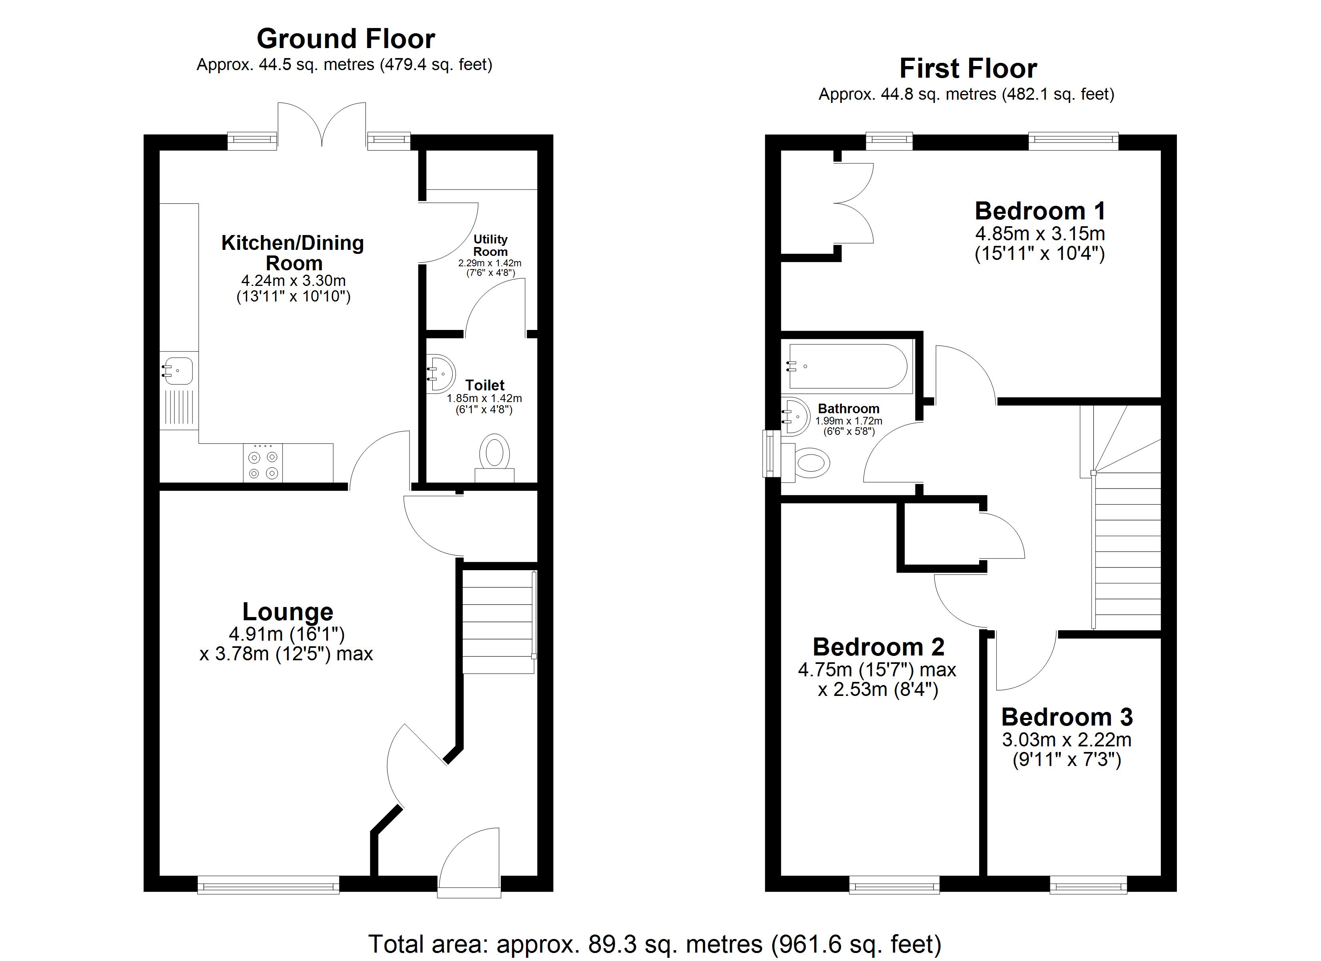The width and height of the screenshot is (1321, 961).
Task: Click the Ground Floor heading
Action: click(x=346, y=40)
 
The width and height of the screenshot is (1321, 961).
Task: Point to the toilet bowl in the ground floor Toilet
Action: click(x=494, y=451)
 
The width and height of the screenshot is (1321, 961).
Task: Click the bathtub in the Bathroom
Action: click(x=848, y=366)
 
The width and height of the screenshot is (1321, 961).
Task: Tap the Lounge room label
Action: click(x=288, y=612)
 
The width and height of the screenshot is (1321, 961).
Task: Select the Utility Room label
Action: click(x=490, y=245)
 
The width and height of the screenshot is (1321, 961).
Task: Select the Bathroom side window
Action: click(x=772, y=454)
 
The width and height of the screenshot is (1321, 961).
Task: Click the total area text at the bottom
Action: click(x=654, y=944)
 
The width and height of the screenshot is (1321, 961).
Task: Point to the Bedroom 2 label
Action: click(x=878, y=647)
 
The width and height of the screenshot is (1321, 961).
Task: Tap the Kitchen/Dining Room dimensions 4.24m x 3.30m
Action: click(x=293, y=281)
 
